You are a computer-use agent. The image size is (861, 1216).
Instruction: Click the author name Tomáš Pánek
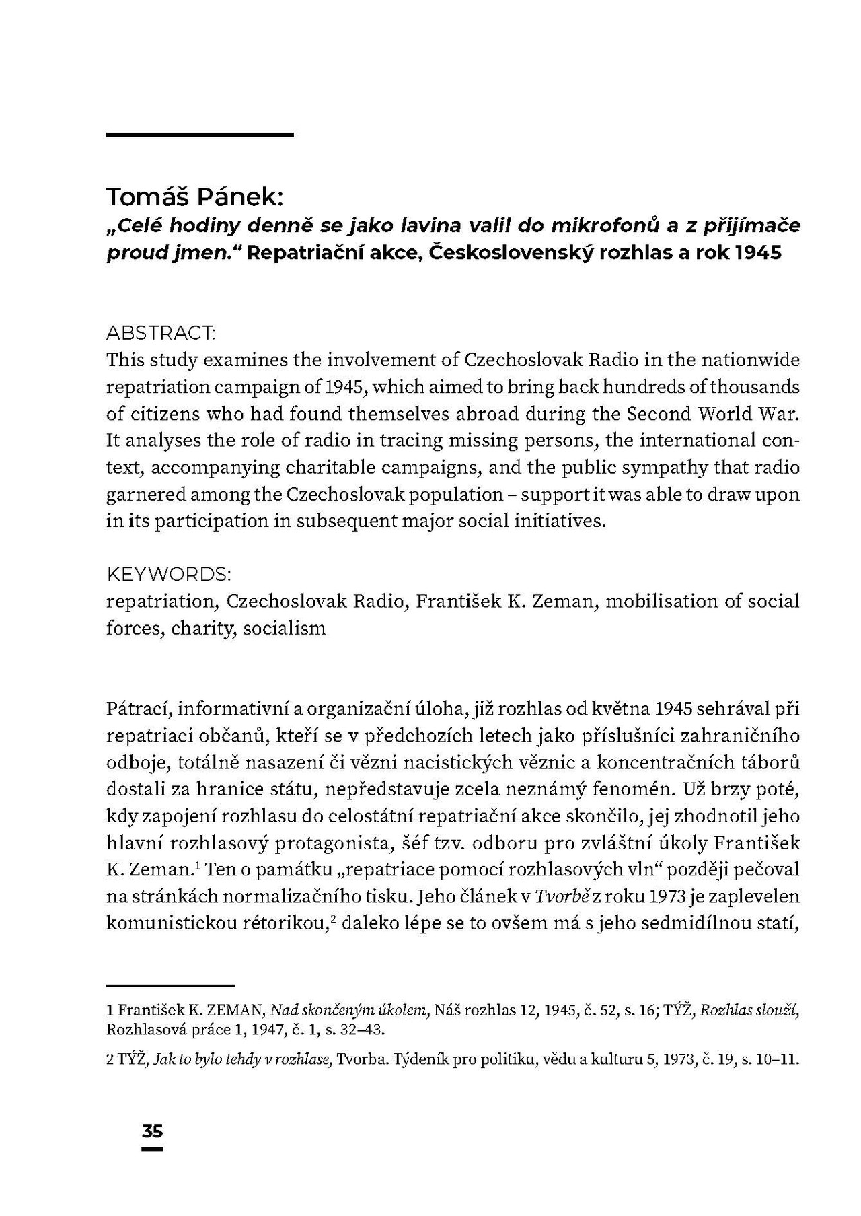click(x=195, y=197)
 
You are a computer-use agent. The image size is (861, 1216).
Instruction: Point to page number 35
click(x=153, y=1131)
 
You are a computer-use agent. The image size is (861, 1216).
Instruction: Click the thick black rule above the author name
click(x=200, y=135)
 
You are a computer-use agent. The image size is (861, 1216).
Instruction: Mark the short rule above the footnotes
click(x=170, y=984)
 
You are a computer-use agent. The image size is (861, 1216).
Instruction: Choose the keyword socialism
click(x=285, y=628)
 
